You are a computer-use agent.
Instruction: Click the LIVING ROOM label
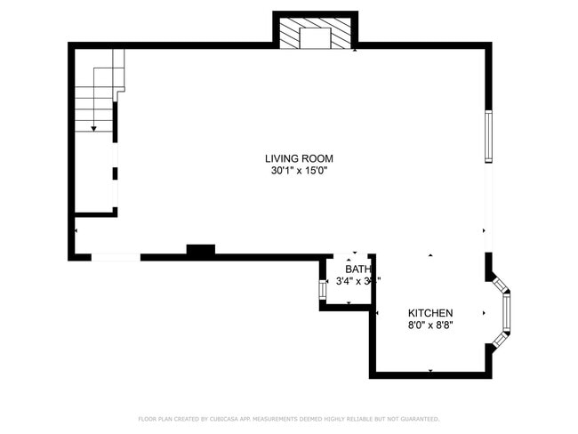pyautogui.click(x=304, y=158)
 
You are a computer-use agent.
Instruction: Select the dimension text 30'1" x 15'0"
pyautogui.click(x=304, y=171)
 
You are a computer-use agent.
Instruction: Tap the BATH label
pyautogui.click(x=357, y=269)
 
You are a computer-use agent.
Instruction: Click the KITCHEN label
pyautogui.click(x=430, y=313)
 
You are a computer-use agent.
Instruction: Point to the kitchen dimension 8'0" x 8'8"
pyautogui.click(x=430, y=325)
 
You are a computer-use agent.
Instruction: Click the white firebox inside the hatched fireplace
pyautogui.click(x=314, y=37)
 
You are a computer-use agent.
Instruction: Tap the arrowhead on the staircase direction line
pyautogui.click(x=93, y=129)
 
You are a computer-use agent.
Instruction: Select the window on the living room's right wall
pyautogui.click(x=488, y=136)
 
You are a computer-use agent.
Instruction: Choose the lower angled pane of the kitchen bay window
pyautogui.click(x=501, y=340)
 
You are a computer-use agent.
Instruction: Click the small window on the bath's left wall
pyautogui.click(x=323, y=289)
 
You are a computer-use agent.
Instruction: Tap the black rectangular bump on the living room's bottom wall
pyautogui.click(x=200, y=252)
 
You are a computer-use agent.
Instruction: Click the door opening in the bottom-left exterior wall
pyautogui.click(x=116, y=257)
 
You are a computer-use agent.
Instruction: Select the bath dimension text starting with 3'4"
pyautogui.click(x=357, y=281)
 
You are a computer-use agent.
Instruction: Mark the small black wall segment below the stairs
pyautogui.click(x=115, y=173)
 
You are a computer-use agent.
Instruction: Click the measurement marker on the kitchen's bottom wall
pyautogui.click(x=430, y=370)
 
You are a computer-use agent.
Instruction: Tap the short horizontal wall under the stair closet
pyautogui.click(x=95, y=213)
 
